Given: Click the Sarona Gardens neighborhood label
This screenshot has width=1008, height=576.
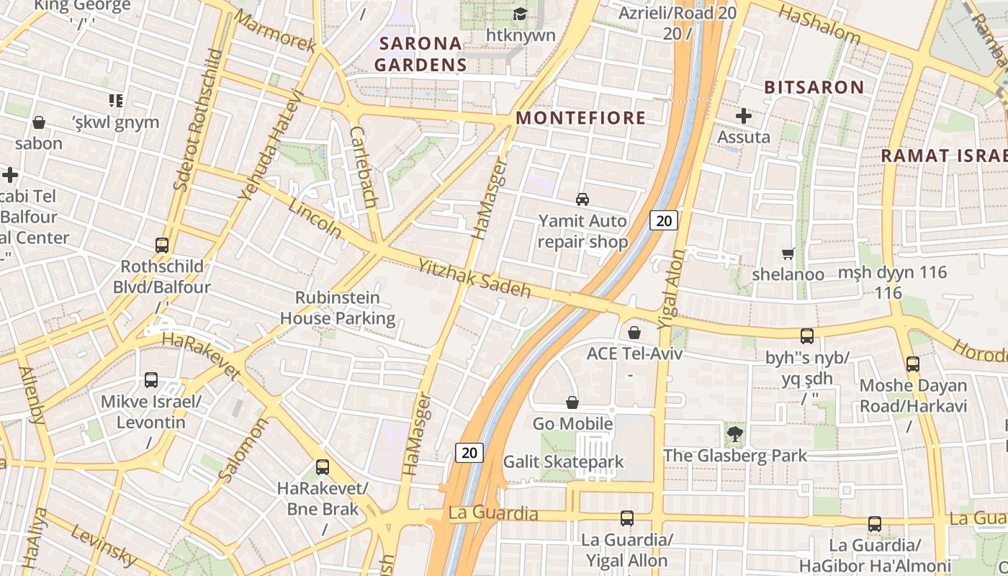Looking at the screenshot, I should [420, 54].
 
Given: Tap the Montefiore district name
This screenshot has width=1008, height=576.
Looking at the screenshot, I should [581, 118].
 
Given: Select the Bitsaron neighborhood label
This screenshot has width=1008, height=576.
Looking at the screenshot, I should [814, 88].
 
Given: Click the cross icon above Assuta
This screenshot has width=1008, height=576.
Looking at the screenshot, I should [744, 115].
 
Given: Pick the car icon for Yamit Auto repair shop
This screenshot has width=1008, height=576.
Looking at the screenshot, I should [582, 199].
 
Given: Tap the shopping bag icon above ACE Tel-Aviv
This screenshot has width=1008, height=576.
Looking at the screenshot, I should [634, 332].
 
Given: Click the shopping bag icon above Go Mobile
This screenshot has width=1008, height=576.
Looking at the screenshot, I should [572, 402].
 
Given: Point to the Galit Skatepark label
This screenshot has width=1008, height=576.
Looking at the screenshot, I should [563, 461].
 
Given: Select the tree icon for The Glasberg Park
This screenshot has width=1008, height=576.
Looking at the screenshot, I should [735, 433].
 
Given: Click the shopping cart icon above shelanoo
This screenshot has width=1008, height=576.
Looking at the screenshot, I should [788, 253].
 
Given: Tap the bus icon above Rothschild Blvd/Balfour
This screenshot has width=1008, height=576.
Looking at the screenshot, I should [162, 245].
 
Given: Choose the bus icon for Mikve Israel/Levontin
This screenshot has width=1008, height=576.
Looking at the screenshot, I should [151, 379].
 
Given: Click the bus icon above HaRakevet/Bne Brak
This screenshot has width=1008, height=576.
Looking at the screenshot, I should [323, 467].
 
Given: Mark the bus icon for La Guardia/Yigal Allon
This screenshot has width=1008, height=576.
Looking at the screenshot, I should [627, 518].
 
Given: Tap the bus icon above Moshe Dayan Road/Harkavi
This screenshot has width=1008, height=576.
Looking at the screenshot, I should [913, 364].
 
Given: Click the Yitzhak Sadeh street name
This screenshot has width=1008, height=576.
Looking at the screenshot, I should [474, 279].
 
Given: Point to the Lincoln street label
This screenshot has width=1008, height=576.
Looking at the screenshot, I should [315, 219].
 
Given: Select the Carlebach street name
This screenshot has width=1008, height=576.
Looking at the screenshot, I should [363, 167].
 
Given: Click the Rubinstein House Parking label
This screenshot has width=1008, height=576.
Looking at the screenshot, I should [338, 307].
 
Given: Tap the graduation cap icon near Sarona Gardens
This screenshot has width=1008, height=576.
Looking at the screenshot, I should [520, 14].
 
